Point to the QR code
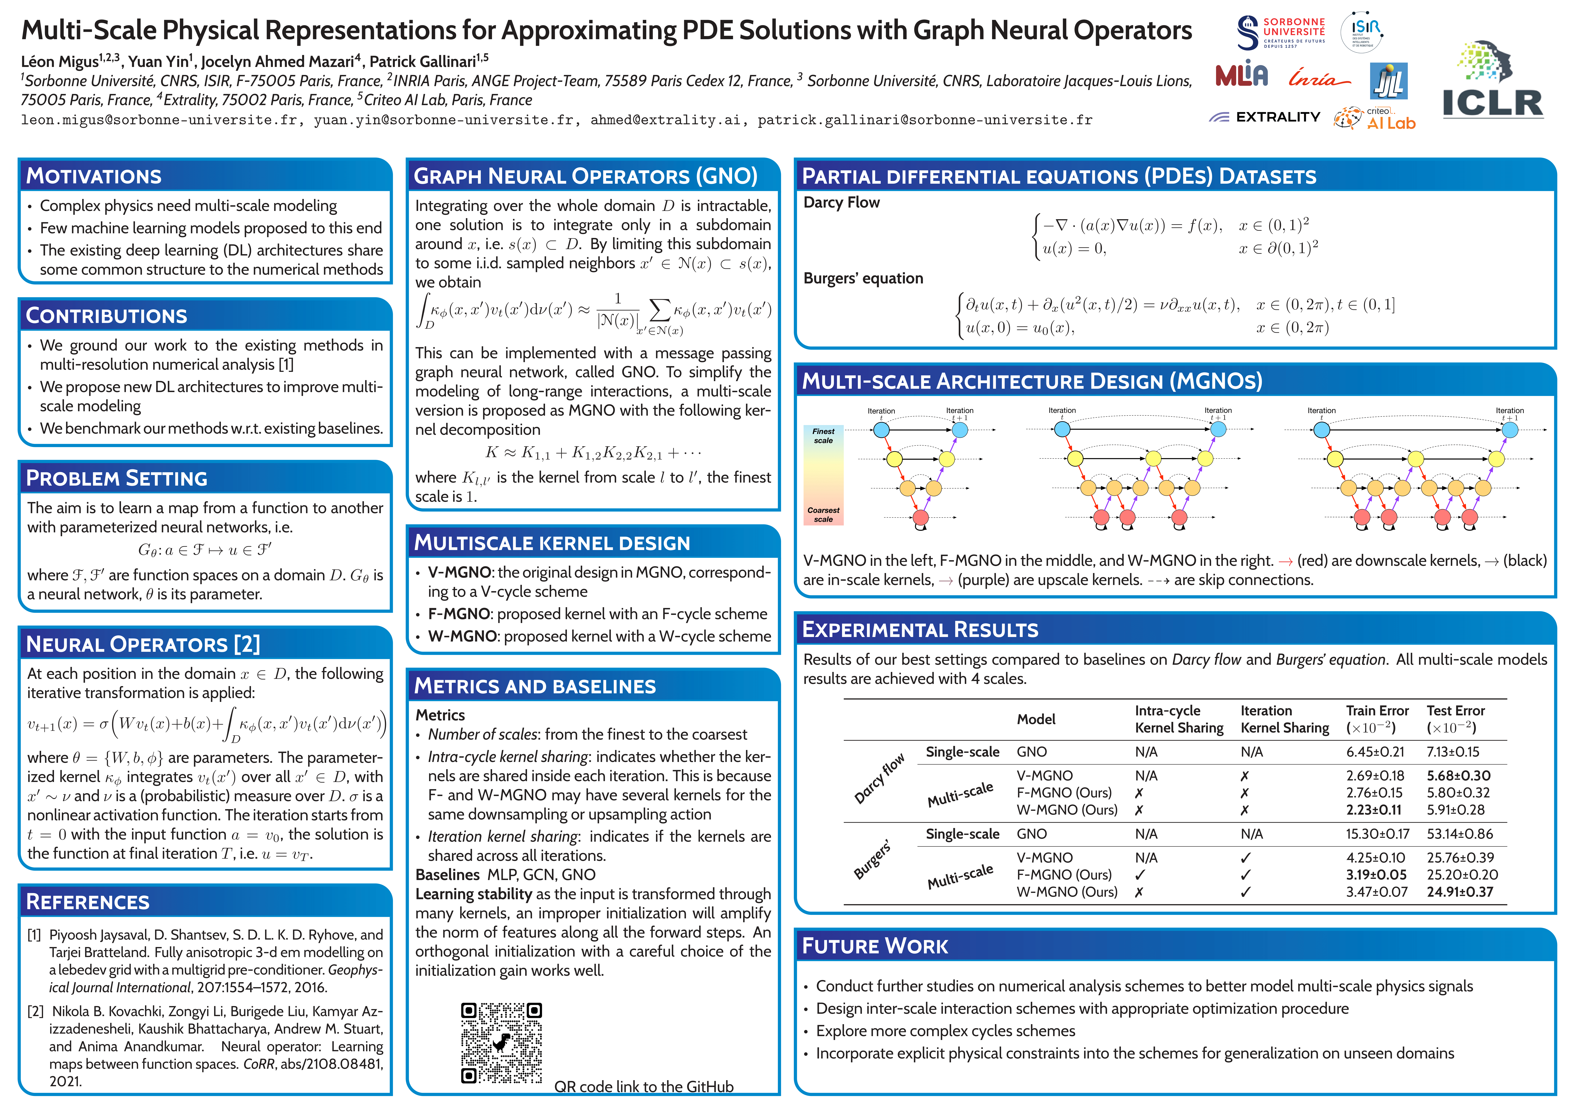tap(501, 1043)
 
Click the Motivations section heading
tap(94, 176)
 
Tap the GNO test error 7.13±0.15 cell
tap(1453, 752)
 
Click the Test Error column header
tap(1456, 718)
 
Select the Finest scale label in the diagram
tap(823, 436)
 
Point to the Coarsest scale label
tap(823, 515)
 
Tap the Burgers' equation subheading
tap(863, 279)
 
